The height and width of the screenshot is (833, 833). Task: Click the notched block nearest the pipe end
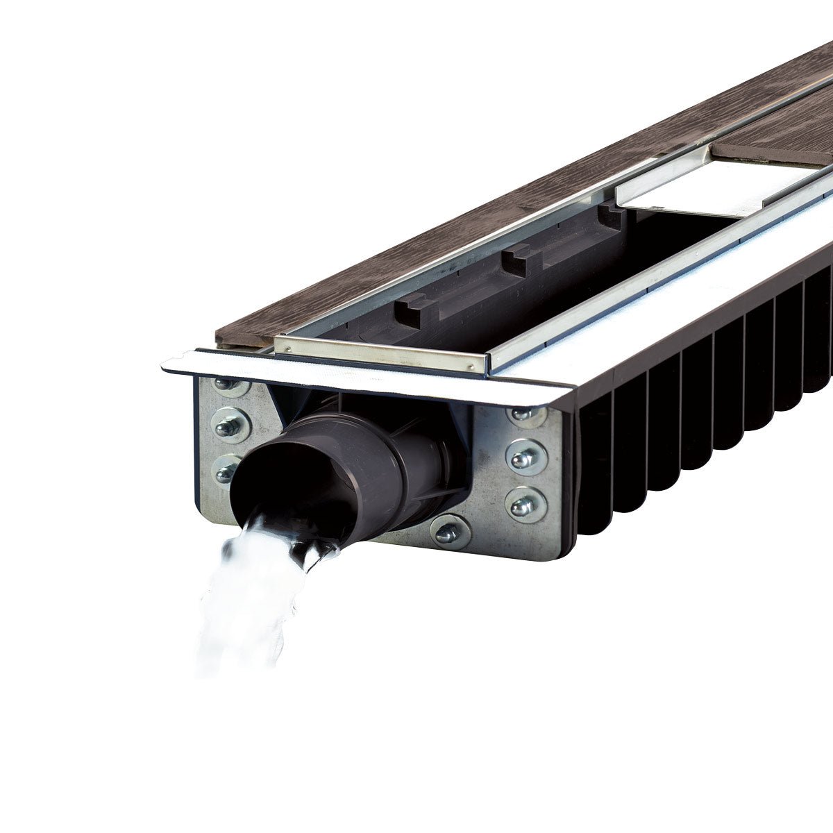pyautogui.click(x=410, y=311)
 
